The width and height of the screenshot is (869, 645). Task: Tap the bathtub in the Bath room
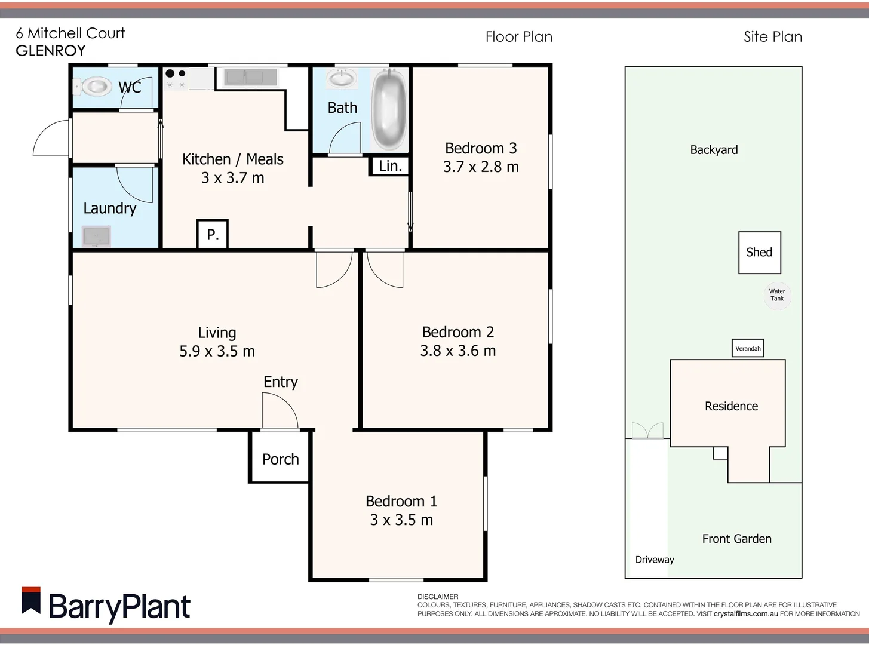(x=389, y=109)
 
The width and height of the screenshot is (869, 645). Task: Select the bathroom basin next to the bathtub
(x=342, y=78)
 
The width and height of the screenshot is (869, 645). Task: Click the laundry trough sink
(x=96, y=236)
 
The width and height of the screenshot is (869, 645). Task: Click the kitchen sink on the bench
(x=250, y=77)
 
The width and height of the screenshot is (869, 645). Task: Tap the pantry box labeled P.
(x=213, y=234)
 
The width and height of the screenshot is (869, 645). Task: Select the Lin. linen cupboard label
(x=391, y=166)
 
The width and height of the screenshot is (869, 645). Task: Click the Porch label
(x=280, y=459)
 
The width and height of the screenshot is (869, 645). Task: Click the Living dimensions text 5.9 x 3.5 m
(x=217, y=351)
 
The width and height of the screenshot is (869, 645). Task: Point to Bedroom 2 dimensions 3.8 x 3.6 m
(x=457, y=351)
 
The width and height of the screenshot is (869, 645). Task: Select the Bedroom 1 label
(x=401, y=501)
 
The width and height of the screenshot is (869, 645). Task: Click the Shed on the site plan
(x=759, y=252)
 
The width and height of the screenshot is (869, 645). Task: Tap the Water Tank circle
(x=777, y=295)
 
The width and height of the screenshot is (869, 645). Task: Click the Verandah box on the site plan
(x=748, y=348)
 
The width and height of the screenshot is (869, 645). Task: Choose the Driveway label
(x=655, y=560)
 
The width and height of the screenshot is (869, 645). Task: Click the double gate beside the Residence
(x=647, y=431)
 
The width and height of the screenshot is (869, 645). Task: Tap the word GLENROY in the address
(x=51, y=51)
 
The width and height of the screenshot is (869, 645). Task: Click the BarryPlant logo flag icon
(x=31, y=601)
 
